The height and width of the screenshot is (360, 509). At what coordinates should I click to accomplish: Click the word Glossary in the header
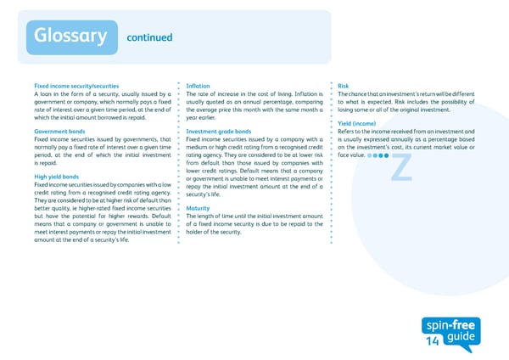point(70,36)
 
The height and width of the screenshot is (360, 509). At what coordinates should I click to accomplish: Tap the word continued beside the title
point(148,37)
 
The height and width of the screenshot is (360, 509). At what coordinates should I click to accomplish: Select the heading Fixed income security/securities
point(76,87)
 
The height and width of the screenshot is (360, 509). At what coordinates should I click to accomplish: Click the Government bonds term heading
point(58,132)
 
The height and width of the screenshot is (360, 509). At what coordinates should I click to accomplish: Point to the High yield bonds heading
point(57,177)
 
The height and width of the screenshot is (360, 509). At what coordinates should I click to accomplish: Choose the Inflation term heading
point(198,87)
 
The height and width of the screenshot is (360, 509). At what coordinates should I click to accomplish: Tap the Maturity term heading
point(198,208)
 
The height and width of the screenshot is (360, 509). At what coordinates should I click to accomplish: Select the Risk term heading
point(343,87)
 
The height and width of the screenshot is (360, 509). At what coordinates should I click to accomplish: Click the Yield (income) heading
point(357,124)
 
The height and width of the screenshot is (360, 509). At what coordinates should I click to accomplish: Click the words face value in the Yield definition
point(351,156)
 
